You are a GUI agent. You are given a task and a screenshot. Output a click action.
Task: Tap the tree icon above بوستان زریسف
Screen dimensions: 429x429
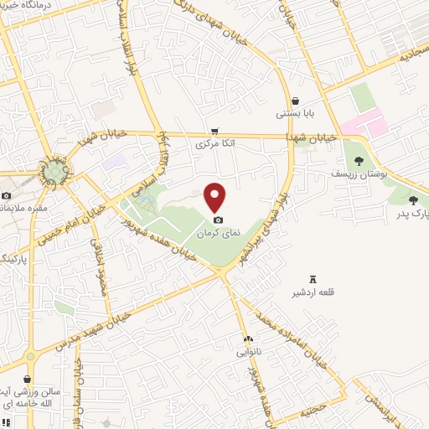(x=359, y=160)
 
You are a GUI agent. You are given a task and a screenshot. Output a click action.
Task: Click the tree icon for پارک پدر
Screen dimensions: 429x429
(x=413, y=199)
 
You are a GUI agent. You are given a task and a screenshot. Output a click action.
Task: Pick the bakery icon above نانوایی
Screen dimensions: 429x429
(x=248, y=339)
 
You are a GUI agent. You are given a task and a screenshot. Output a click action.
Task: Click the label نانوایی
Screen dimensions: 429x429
(x=249, y=352)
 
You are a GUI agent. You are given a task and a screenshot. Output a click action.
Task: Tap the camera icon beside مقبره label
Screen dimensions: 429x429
(x=7, y=195)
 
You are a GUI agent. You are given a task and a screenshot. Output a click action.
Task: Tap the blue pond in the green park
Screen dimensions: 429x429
(x=143, y=199)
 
